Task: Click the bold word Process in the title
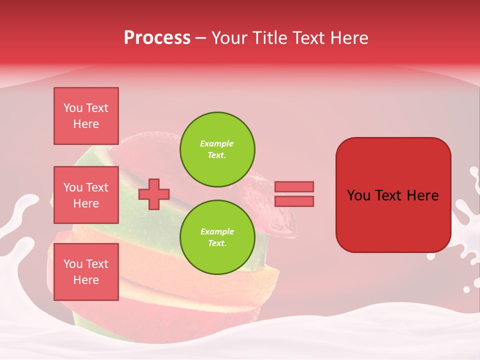pos(157,38)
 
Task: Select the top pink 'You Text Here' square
pos(86,116)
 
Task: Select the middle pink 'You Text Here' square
pos(86,195)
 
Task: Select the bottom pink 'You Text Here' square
pos(86,272)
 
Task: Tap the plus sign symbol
pos(154,194)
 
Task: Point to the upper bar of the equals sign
pos(294,186)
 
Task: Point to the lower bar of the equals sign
pos(294,201)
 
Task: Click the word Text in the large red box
pos(392,195)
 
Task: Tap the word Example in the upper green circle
pos(216,143)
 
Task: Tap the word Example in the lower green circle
pos(216,231)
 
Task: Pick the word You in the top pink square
pos(73,108)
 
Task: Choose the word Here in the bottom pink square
pos(86,280)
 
